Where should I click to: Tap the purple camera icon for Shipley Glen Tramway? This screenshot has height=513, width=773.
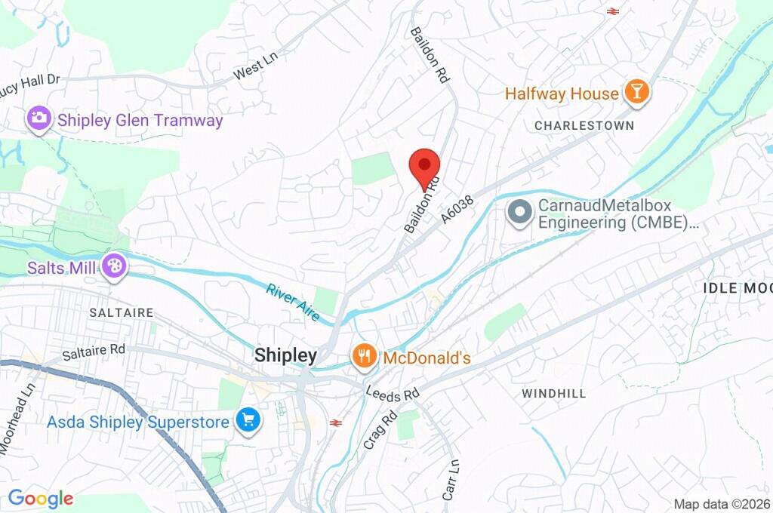pyautogui.click(x=38, y=119)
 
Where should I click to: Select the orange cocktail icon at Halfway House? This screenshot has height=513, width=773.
pyautogui.click(x=637, y=94)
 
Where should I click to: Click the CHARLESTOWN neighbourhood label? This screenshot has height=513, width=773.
pyautogui.click(x=584, y=125)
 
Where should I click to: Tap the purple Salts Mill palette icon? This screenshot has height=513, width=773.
pyautogui.click(x=114, y=266)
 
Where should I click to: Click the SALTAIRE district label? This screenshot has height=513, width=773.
pyautogui.click(x=121, y=312)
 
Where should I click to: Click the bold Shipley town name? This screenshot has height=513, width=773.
pyautogui.click(x=285, y=355)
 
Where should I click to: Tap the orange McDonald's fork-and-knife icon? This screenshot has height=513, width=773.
pyautogui.click(x=365, y=356)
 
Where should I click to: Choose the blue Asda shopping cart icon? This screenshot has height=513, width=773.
pyautogui.click(x=248, y=421)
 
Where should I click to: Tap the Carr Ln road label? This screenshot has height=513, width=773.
pyautogui.click(x=451, y=481)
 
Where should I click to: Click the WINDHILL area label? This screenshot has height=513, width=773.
pyautogui.click(x=553, y=394)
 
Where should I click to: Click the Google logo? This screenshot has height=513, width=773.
pyautogui.click(x=41, y=498)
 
